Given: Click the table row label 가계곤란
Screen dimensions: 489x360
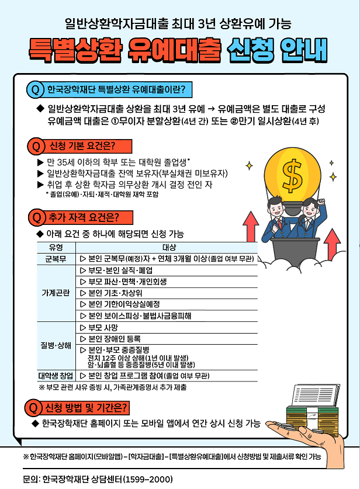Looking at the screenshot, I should (56, 293).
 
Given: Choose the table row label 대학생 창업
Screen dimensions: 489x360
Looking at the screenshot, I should (56, 376).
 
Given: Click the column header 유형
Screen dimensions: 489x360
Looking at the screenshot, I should (56, 247).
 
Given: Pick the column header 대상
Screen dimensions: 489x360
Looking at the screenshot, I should (168, 247).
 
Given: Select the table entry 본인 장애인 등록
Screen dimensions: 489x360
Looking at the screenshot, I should (117, 339).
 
